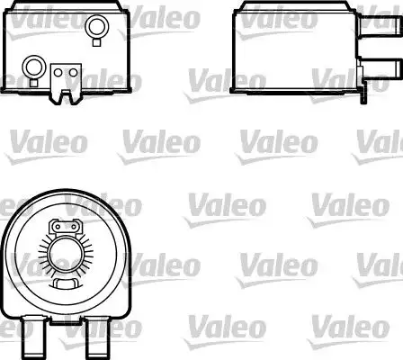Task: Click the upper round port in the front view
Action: tap(94, 30)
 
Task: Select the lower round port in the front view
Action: tap(35, 65)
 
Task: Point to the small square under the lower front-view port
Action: tap(35, 82)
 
